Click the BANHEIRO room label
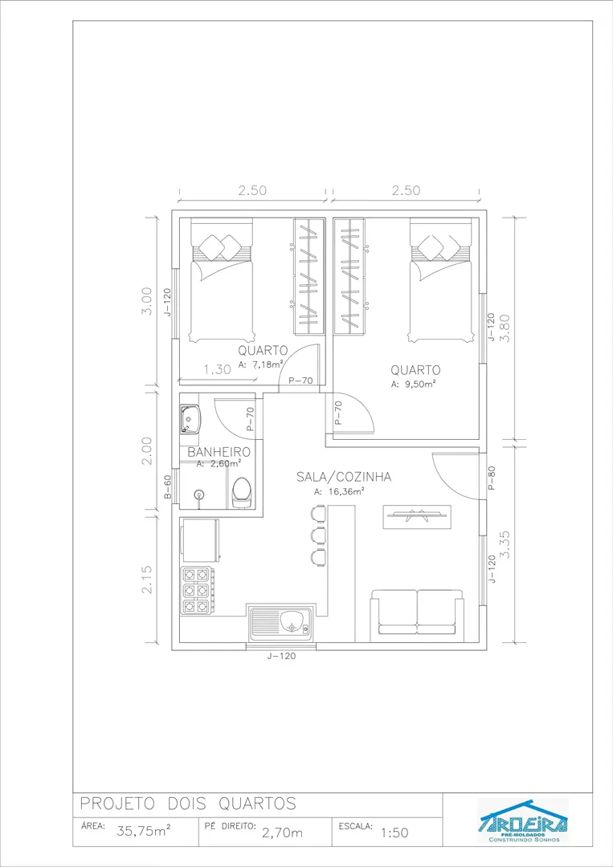coord(219,452)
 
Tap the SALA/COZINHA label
coord(344,477)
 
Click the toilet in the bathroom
coord(241,492)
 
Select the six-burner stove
coord(196,591)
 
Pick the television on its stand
coord(417,516)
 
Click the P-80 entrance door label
coord(492,478)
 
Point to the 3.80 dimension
coord(505,328)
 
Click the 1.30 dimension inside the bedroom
coord(218,369)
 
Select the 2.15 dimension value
coord(146,579)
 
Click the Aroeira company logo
coord(523,820)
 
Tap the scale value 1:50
coord(395,832)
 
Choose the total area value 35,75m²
coord(144,831)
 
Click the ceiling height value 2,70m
coord(282,832)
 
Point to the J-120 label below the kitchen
coord(281,657)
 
